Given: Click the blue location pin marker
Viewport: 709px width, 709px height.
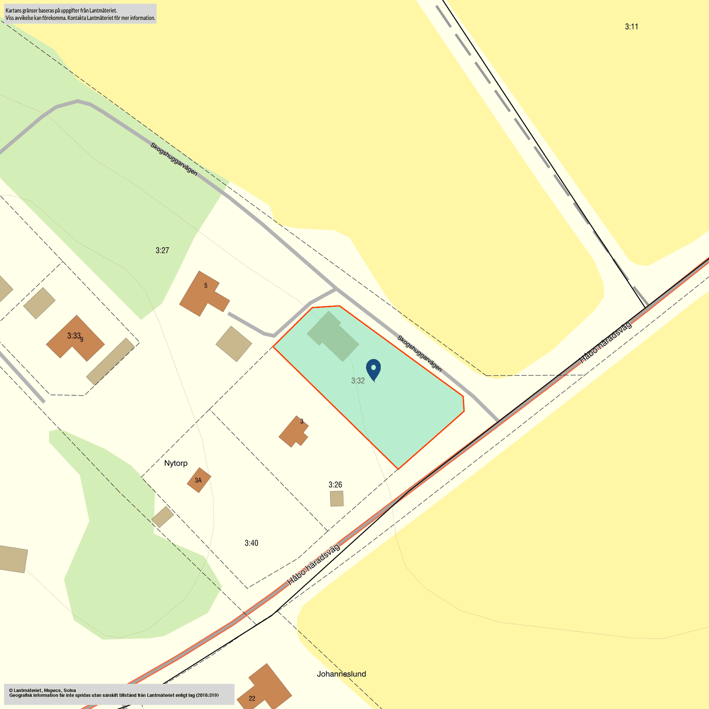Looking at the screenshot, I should pos(373,369).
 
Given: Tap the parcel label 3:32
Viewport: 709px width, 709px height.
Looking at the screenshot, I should pos(358,381).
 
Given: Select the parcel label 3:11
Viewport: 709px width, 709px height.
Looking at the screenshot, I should pos(631,27).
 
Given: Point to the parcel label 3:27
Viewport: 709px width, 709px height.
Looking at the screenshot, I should pos(162,251).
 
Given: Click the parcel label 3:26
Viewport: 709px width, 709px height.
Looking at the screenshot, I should pos(335,485).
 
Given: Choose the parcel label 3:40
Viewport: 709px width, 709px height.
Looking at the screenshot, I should pos(251,543).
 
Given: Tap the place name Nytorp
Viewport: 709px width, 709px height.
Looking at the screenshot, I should pos(176,463).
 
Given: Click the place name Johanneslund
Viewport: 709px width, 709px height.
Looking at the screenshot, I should pos(341,674).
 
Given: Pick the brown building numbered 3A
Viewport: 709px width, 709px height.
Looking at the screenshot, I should pos(199,480).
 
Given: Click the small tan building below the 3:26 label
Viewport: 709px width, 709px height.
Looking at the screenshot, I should pos(336,498).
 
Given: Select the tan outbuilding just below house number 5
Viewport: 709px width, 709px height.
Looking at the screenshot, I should pos(234,344).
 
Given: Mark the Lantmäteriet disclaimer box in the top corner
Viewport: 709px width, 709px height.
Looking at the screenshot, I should pos(79,14).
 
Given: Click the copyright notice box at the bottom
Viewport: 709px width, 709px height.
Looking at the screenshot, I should pos(119,694).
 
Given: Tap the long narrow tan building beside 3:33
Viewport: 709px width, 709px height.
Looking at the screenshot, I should pos(110,361).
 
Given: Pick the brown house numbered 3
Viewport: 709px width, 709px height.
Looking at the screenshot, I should pos(294,432).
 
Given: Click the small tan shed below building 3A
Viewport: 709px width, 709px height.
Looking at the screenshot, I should pos(162,516).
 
